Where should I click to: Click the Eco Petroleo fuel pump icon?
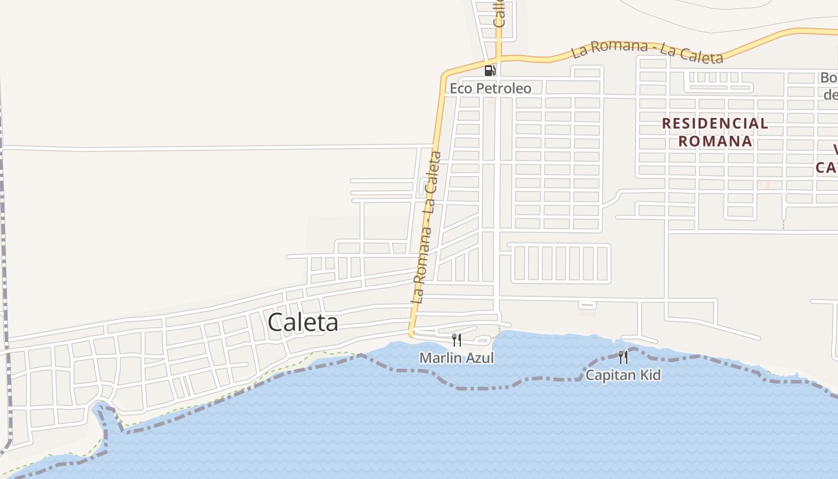coord(490,71)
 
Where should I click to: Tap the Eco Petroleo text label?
coord(490,89)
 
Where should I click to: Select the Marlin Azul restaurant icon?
coord(457,340)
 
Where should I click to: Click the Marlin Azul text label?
coord(457,358)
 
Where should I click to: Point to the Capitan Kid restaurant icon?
coord(623,357)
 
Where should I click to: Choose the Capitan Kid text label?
coord(623,375)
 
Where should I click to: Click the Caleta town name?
coord(303,322)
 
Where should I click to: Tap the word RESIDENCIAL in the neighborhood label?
coord(715,124)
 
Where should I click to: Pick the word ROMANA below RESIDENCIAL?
coord(715,141)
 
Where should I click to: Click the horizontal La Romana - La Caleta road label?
coord(647,52)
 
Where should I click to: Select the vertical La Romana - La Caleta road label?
coord(427,228)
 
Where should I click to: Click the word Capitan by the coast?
coord(609,375)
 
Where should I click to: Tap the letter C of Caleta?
coord(275,322)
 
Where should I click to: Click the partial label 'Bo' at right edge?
coord(829,78)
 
